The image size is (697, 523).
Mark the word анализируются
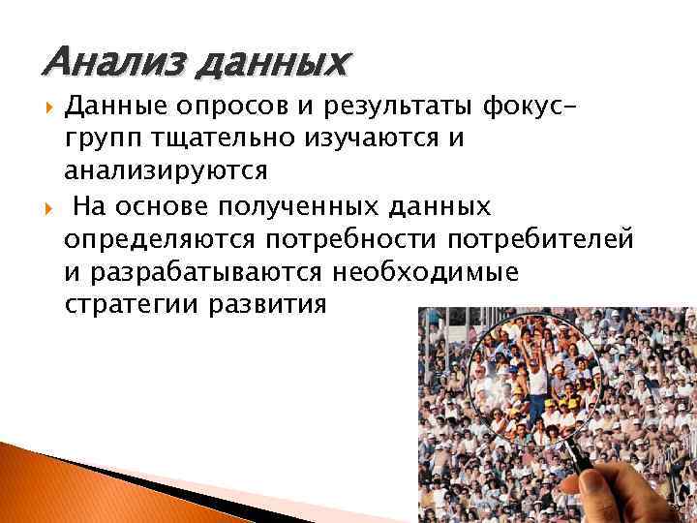(165, 170)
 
